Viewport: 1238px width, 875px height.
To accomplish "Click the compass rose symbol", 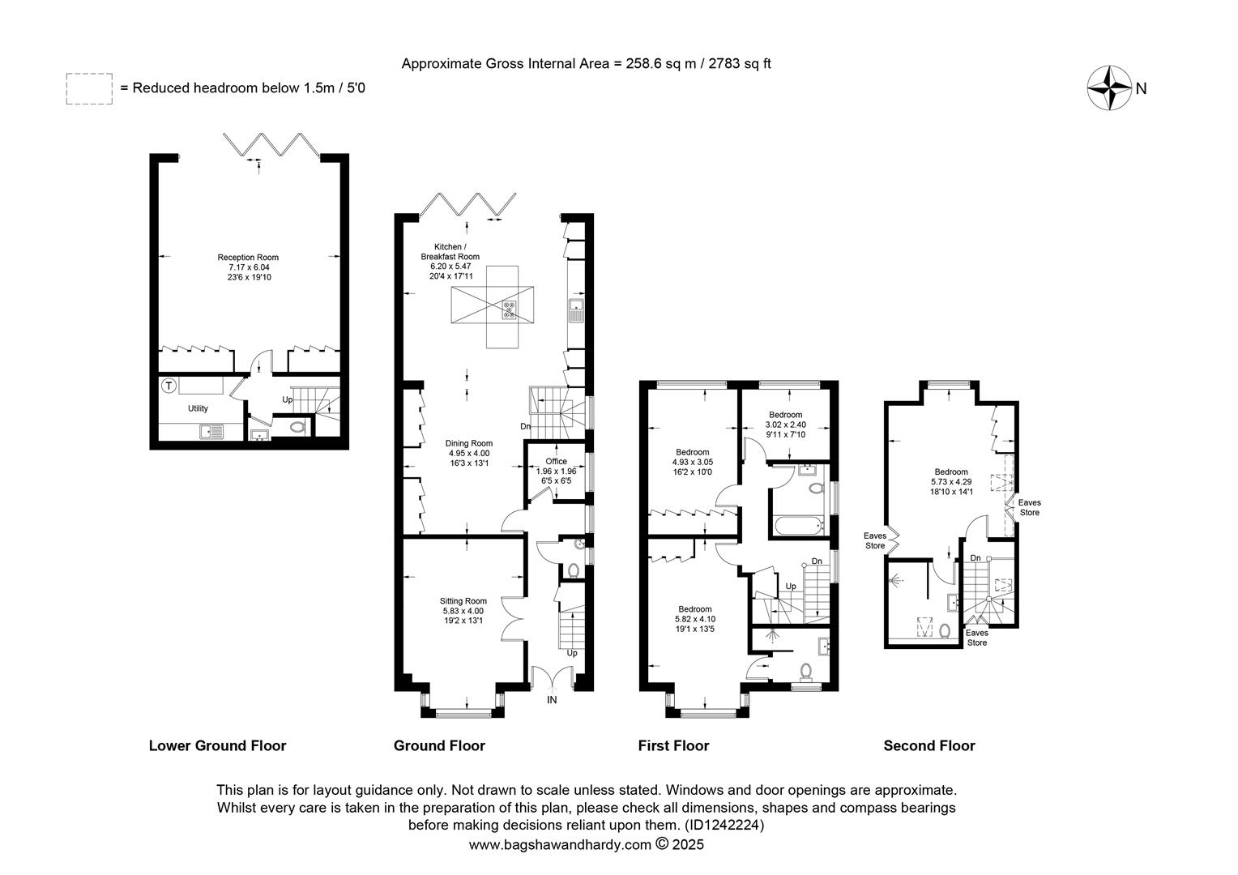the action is [1109, 88].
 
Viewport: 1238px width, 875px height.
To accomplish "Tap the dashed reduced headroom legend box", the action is [90, 89].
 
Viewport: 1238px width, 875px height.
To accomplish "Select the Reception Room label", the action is [248, 258].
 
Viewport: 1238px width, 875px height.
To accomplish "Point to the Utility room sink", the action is [211, 431].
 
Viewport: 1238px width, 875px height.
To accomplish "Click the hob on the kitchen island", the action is [509, 309].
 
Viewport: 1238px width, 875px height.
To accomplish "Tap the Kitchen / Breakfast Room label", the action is [450, 251].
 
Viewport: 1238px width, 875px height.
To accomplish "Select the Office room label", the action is [556, 462].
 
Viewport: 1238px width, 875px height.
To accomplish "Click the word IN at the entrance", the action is [552, 700].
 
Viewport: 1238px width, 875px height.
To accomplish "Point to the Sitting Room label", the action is [463, 601].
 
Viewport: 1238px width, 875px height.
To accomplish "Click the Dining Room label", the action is [468, 443].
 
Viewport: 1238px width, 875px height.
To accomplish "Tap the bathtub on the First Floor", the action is [800, 526].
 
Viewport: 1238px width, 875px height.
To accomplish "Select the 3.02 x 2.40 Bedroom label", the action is [785, 415].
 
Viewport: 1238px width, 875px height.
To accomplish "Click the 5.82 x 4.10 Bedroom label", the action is [694, 609].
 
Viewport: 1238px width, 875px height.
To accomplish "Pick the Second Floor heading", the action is [929, 745].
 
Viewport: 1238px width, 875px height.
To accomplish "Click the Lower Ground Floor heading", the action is [217, 745].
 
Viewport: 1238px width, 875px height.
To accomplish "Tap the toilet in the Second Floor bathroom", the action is [945, 630].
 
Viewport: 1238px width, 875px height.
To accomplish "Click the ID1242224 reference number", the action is [724, 826].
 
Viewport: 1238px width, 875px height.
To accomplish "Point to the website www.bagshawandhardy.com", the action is [560, 844].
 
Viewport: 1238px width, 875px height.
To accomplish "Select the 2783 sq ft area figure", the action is [740, 63].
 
